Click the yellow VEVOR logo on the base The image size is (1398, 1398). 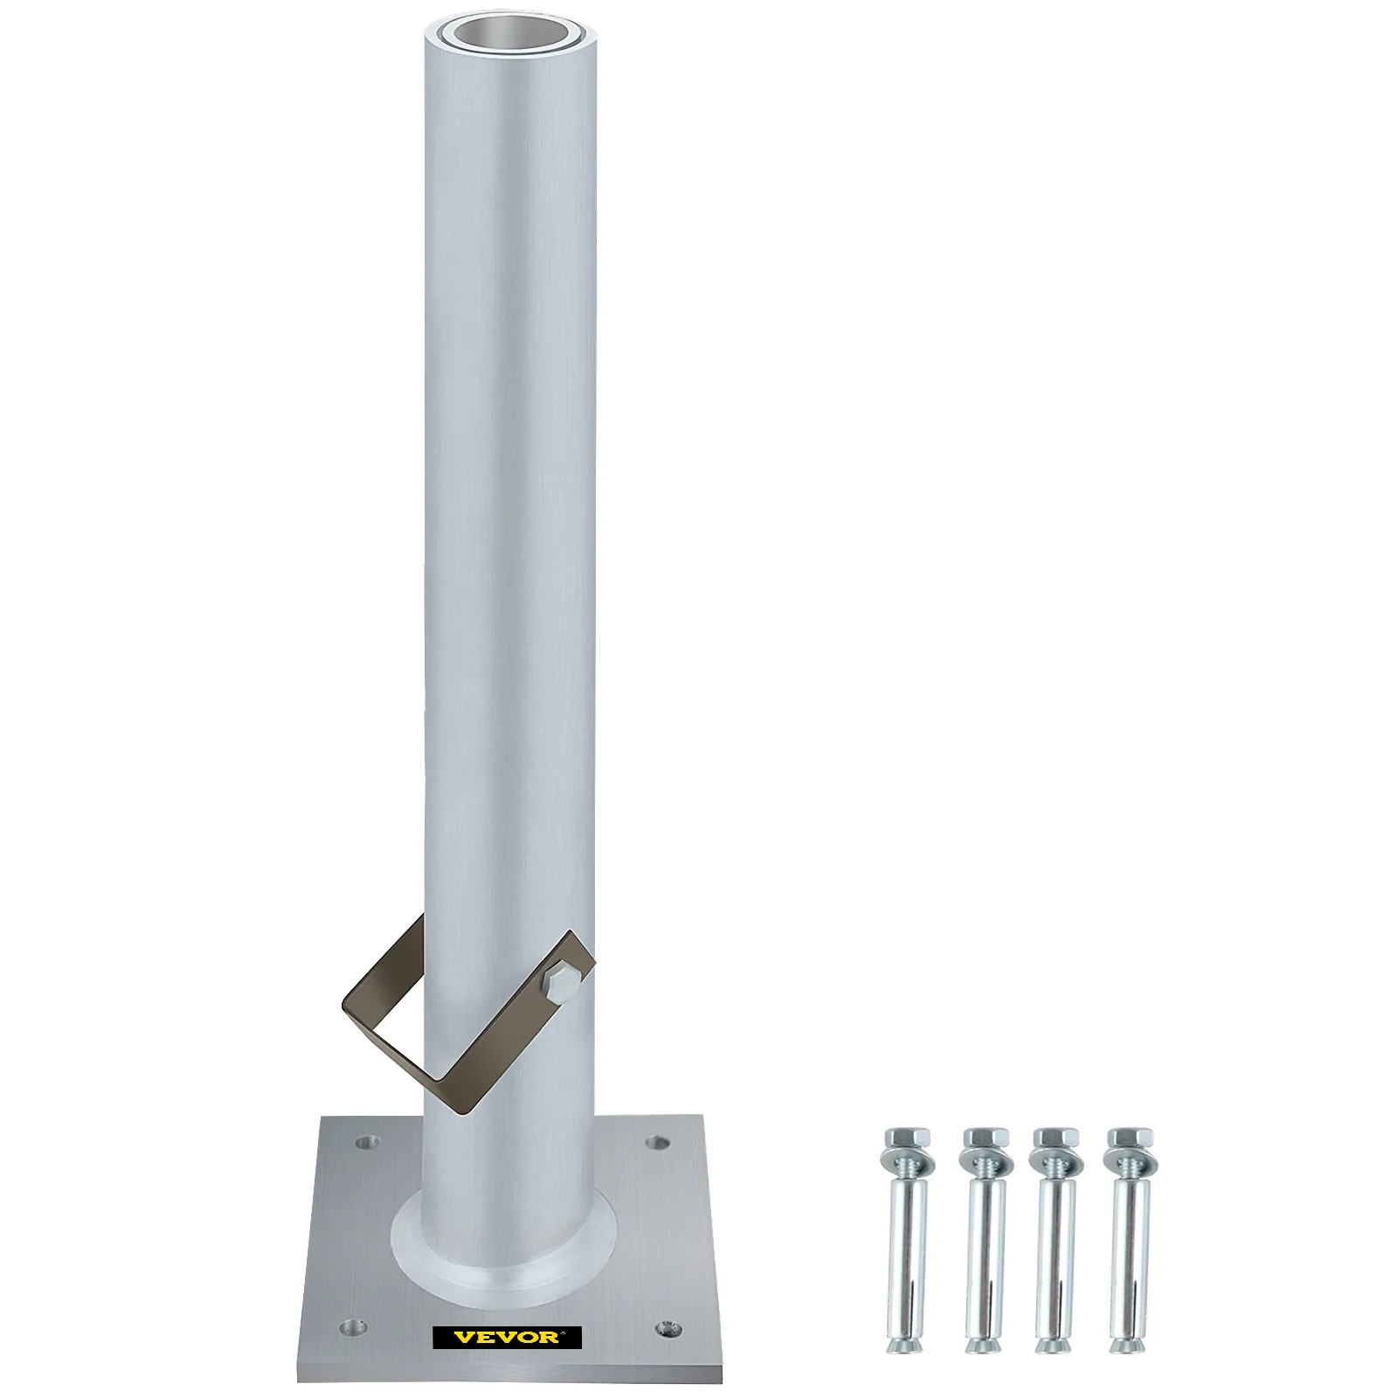point(508,1337)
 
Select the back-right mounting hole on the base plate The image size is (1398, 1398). point(658,1141)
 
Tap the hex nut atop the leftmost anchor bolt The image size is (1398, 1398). point(908,1139)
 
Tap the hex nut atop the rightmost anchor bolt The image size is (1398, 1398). point(1131,1139)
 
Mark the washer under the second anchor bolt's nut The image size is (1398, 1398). point(984,1163)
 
